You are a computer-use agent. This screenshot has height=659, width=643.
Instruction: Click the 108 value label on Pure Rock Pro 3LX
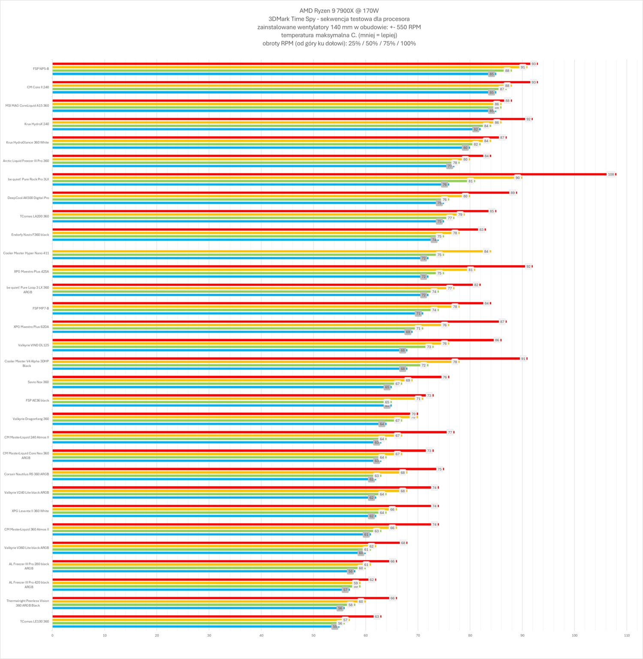(x=611, y=174)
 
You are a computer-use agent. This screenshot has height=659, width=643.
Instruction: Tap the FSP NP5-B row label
(x=41, y=69)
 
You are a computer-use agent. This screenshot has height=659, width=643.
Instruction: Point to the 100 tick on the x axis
(x=574, y=635)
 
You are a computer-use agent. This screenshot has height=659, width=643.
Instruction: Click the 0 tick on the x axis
(x=52, y=635)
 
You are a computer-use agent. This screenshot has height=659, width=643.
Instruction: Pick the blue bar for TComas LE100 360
(x=193, y=627)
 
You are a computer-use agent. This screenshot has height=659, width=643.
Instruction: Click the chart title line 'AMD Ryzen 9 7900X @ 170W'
(x=339, y=11)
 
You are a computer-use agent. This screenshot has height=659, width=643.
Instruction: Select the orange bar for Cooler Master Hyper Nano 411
(x=266, y=251)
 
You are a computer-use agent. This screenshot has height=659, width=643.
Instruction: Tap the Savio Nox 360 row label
(x=38, y=382)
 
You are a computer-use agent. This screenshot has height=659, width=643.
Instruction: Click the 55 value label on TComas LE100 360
(x=335, y=627)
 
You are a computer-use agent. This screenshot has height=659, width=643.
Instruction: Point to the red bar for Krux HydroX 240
(x=287, y=119)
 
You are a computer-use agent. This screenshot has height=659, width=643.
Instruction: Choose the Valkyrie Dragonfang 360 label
(x=31, y=419)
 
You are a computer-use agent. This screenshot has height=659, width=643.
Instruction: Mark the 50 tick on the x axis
(x=314, y=635)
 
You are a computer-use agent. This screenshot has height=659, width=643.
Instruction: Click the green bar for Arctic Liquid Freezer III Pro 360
(x=253, y=163)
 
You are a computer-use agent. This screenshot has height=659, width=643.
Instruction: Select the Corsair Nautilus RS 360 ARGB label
(x=27, y=474)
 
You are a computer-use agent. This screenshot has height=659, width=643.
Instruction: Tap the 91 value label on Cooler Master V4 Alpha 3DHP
(x=523, y=359)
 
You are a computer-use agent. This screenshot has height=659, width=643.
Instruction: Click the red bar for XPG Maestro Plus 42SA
(x=287, y=266)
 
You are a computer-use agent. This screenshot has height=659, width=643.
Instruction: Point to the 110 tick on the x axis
(x=627, y=635)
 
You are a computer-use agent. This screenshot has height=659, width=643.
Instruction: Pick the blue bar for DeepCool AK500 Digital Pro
(x=245, y=203)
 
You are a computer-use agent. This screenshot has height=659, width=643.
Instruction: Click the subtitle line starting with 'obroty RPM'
(x=339, y=43)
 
